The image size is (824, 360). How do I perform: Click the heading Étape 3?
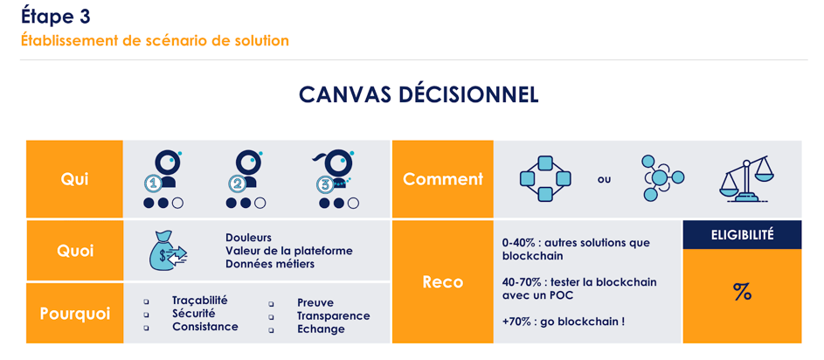pyautogui.click(x=55, y=16)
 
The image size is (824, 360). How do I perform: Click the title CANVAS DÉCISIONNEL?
pyautogui.click(x=419, y=95)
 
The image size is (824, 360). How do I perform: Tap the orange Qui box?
pyautogui.click(x=74, y=179)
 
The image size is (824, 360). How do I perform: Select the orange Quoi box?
pyautogui.click(x=74, y=251)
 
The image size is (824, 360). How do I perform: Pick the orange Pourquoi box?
pyautogui.click(x=74, y=313)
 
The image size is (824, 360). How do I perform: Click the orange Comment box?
pyautogui.click(x=442, y=179)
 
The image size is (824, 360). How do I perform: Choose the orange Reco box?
pyautogui.click(x=442, y=281)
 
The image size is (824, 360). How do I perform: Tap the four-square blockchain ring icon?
pyautogui.click(x=544, y=179)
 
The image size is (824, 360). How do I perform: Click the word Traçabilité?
pyautogui.click(x=199, y=301)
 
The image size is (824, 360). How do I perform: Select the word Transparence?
pyautogui.click(x=333, y=315)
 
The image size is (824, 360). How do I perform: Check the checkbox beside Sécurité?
pyautogui.click(x=147, y=315)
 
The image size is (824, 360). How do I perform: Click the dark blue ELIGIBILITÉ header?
pyautogui.click(x=742, y=235)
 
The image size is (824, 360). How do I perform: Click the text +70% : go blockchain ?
pyautogui.click(x=563, y=322)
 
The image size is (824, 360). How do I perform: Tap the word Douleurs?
pyautogui.click(x=248, y=238)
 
